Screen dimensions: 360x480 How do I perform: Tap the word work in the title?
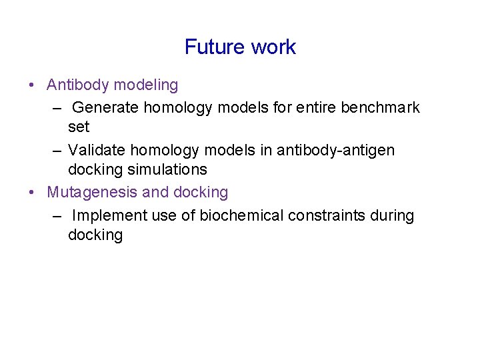[x=273, y=47]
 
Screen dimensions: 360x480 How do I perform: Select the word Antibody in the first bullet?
[x=78, y=85]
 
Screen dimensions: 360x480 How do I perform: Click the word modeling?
[x=146, y=85]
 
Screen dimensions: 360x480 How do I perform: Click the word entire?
[x=313, y=107]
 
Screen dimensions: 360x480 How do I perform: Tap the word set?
[x=78, y=127]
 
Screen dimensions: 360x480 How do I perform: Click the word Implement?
[x=105, y=216]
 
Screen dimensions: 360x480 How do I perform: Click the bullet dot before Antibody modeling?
[x=31, y=86]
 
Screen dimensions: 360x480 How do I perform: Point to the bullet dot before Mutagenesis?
[x=31, y=193]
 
